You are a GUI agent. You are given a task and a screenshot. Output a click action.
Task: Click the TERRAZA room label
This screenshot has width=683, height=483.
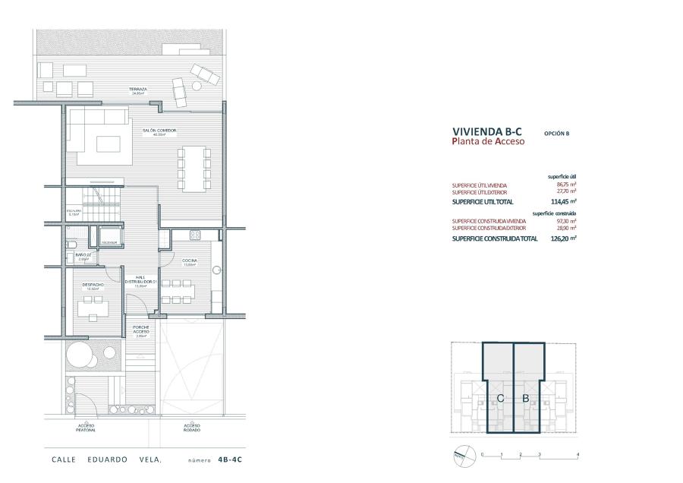[x=137, y=90]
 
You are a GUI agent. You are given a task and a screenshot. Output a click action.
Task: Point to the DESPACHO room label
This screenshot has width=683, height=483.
[x=93, y=285]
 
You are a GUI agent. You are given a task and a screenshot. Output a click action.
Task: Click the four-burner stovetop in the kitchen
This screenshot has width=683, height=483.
[x=195, y=235]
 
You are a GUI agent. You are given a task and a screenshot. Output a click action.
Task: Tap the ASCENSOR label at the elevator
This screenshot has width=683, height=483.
[x=109, y=243]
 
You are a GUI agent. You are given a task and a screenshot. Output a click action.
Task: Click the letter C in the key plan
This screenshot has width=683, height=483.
[x=501, y=398]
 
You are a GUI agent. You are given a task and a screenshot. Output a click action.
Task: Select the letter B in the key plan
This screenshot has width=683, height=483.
[x=525, y=398]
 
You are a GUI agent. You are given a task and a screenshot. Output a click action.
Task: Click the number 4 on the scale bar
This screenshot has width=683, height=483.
[x=578, y=454]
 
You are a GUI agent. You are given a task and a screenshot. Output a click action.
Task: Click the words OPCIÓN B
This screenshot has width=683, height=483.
[x=556, y=133]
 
